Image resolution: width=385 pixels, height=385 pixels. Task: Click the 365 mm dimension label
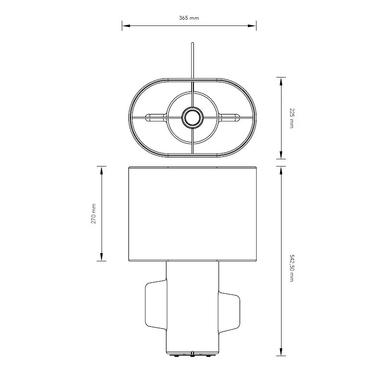pyautogui.click(x=189, y=18)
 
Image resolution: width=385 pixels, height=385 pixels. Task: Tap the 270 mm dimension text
pyautogui.click(x=94, y=213)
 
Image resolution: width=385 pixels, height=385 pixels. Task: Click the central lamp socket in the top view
pyautogui.click(x=192, y=116)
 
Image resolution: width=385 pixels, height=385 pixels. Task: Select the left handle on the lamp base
pyautogui.click(x=154, y=304)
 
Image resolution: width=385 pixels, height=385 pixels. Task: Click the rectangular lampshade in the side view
pyautogui.click(x=192, y=214)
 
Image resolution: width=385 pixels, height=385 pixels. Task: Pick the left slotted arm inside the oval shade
pyautogui.click(x=156, y=116)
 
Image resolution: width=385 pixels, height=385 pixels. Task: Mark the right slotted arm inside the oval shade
pyautogui.click(x=228, y=116)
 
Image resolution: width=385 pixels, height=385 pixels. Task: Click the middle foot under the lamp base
pyautogui.click(x=192, y=355)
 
